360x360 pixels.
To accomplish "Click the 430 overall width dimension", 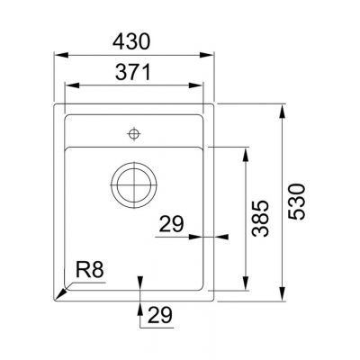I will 135,40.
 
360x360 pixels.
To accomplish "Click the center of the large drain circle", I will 134,185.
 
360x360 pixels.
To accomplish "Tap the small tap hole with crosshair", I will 134,134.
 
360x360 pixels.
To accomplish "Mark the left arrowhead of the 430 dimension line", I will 59,54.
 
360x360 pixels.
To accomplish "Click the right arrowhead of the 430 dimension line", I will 213,54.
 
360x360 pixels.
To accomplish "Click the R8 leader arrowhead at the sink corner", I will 60,296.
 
